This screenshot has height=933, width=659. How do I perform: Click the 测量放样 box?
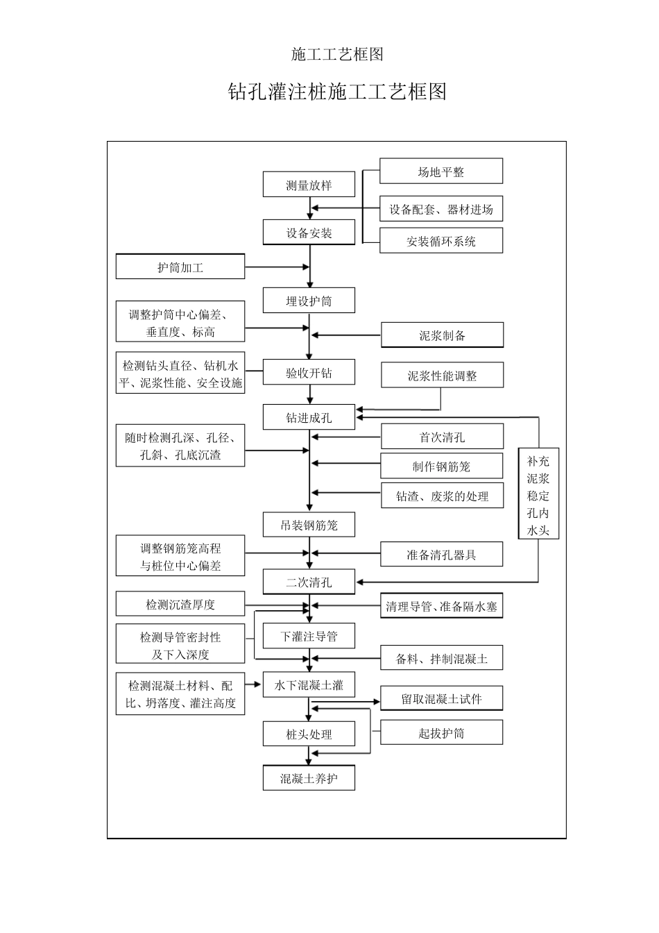(x=309, y=185)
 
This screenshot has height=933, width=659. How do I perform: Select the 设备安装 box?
(x=309, y=233)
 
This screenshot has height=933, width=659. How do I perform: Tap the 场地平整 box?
(x=441, y=171)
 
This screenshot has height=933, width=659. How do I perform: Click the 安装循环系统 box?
(x=441, y=241)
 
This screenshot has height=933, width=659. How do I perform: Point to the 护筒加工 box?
(x=180, y=267)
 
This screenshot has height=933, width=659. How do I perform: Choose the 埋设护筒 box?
(x=309, y=301)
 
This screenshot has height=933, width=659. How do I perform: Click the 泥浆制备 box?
(x=442, y=335)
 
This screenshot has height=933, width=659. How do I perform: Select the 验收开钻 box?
(x=309, y=373)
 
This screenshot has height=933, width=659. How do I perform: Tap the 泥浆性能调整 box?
(x=442, y=376)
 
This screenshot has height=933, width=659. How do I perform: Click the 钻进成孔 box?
(x=309, y=417)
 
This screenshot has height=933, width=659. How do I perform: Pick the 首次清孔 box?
(x=442, y=437)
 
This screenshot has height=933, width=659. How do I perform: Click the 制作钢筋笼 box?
(x=442, y=466)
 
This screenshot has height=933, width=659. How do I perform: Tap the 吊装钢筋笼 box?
(x=309, y=525)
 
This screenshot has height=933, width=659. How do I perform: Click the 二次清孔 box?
(x=309, y=582)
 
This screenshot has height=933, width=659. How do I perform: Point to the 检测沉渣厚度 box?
(x=180, y=605)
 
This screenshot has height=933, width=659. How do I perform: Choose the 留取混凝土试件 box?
(x=442, y=699)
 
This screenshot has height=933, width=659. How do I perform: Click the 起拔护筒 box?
(x=442, y=733)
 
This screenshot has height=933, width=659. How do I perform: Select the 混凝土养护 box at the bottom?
(x=309, y=778)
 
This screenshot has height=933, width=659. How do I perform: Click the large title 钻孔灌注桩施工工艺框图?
(x=337, y=92)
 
